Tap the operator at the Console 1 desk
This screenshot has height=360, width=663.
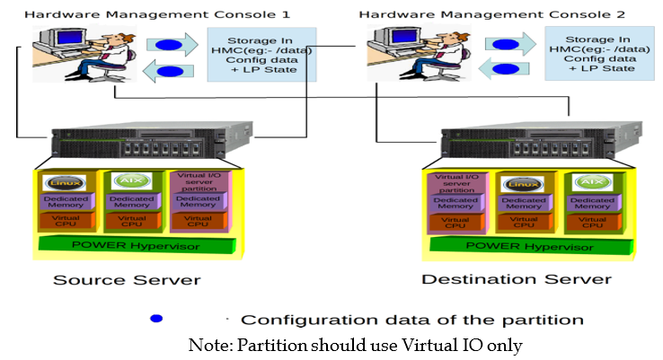[113, 55]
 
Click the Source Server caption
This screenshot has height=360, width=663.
[127, 279]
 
